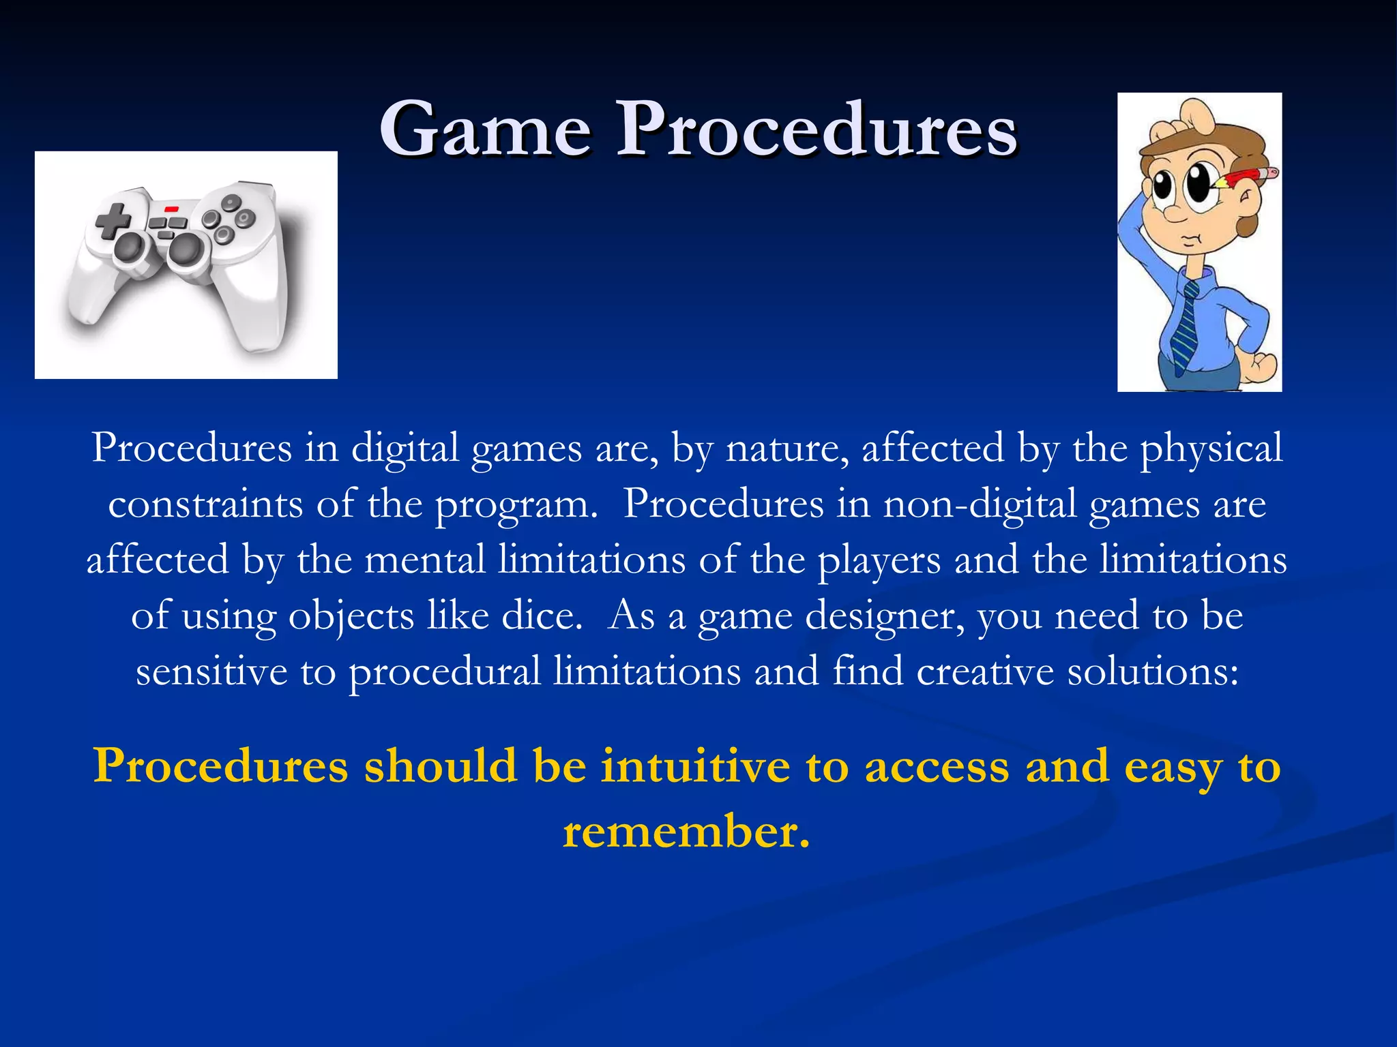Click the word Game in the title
[x=485, y=130]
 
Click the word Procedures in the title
[x=817, y=130]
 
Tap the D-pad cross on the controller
[x=113, y=219]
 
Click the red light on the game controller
[x=171, y=207]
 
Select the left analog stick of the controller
[x=130, y=248]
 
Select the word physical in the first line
[x=1211, y=449]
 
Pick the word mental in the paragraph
[x=425, y=560]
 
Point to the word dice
[x=542, y=616]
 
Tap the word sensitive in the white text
[x=211, y=672]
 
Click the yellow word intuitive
[x=695, y=766]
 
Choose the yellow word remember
[x=686, y=832]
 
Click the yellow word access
[x=937, y=766]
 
